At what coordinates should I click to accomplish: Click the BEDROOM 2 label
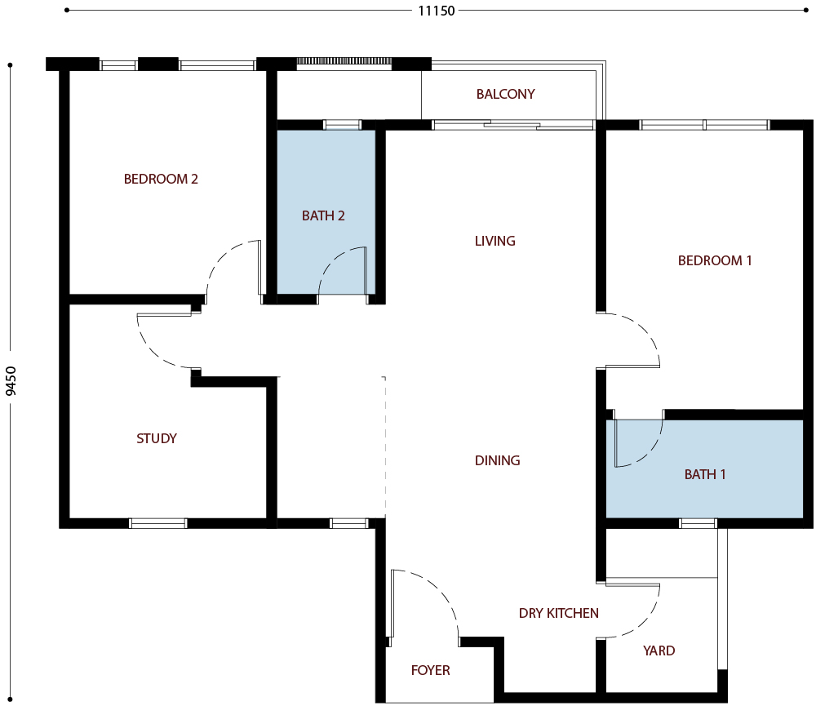coord(161,179)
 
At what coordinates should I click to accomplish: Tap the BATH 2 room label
coord(323,215)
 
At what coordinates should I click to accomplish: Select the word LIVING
coord(495,241)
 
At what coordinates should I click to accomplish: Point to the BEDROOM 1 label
coord(715,260)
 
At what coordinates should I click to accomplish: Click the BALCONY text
coord(505,94)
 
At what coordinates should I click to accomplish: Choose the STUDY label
coord(157,438)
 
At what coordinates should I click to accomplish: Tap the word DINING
coord(497,460)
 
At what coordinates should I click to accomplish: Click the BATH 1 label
coord(705,474)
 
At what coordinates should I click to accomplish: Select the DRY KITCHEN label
coord(558,613)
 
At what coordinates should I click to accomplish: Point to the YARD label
coord(659,650)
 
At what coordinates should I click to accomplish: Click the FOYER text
coord(430,670)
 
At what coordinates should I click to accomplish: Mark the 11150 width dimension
coord(436,11)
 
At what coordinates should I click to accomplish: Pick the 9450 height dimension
coord(11,380)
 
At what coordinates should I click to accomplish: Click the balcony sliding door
coord(512,125)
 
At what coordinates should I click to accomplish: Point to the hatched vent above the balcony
coord(344,61)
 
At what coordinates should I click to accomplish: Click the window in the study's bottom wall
coord(157,523)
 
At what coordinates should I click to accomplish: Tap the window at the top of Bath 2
coord(342,125)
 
